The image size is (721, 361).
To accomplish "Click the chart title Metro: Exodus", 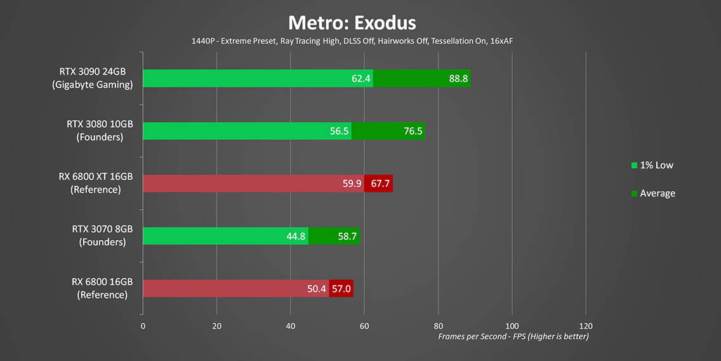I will coord(352,23).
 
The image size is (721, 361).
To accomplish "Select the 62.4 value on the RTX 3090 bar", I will coord(360,79).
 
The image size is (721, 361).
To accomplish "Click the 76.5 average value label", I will coord(411,131).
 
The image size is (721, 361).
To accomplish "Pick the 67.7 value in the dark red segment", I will coord(379,184).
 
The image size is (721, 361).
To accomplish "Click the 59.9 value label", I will coord(351,184).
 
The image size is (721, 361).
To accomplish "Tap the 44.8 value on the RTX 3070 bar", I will coord(296,236).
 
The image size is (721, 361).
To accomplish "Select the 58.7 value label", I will coord(347,236).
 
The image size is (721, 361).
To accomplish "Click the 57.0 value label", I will coord(340,289).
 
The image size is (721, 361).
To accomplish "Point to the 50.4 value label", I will coord(316,289).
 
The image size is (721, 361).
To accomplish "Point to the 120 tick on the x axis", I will coord(585,326).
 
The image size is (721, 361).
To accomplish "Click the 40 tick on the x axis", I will coord(290,326).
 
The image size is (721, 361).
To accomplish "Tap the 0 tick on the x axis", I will coord(143,326).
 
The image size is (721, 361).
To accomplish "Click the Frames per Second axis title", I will coord(513,336).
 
